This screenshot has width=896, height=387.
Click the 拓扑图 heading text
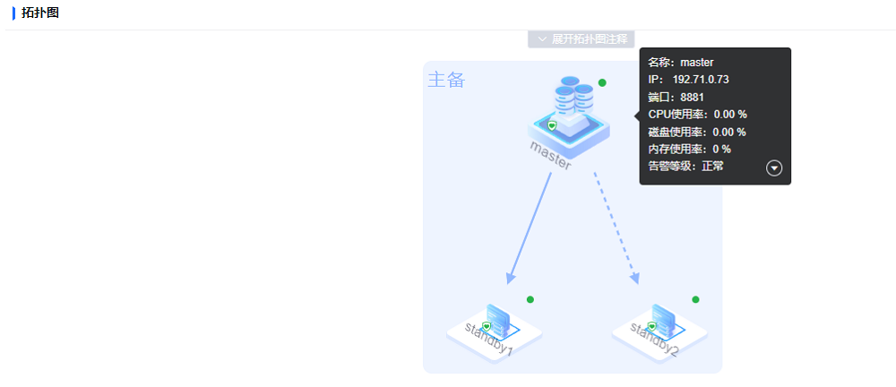[x=40, y=13]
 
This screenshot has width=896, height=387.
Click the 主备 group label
[x=446, y=80]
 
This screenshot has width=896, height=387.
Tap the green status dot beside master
[x=602, y=82]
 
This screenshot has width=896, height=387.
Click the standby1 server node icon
[x=495, y=324]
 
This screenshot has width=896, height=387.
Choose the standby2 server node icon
[x=660, y=324]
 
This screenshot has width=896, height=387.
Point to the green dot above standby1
[x=530, y=299]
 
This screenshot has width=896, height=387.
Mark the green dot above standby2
[x=695, y=299]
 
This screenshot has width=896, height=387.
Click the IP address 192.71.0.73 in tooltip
[x=701, y=80]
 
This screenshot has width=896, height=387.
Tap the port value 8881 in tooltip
[x=693, y=97]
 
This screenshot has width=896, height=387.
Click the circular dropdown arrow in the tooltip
[x=775, y=168]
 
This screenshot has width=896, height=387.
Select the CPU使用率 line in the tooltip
[x=697, y=114]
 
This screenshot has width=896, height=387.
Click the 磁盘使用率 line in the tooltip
[x=697, y=132]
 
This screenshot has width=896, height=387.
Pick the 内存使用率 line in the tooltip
[x=689, y=149]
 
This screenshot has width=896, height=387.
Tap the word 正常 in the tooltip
[x=713, y=166]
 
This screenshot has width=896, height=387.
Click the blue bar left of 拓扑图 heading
[x=13, y=13]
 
